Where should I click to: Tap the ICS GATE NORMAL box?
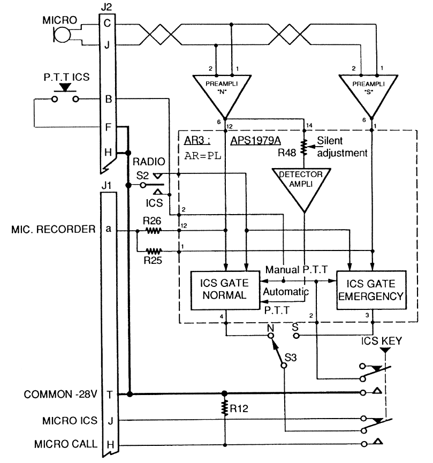point(225,290)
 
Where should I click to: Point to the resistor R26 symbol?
point(154,231)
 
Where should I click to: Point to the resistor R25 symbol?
point(154,249)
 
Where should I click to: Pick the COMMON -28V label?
point(62,395)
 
